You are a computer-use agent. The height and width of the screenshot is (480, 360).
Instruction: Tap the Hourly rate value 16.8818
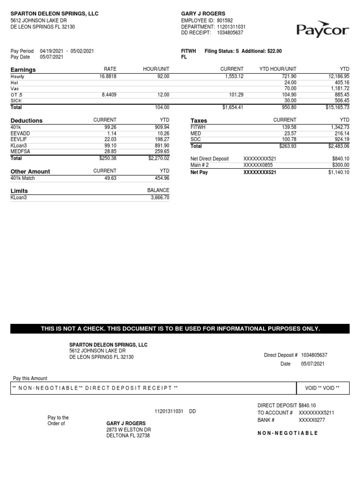tap(108, 76)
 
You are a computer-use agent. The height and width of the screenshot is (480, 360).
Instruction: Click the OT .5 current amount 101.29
tap(234, 95)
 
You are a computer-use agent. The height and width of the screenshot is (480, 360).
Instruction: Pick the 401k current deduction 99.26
tap(109, 127)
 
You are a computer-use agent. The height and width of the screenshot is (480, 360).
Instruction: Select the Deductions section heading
tap(26, 120)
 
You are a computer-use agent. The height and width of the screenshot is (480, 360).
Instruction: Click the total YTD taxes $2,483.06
tap(337, 146)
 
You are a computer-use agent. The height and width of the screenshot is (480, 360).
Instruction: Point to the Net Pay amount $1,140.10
tap(338, 172)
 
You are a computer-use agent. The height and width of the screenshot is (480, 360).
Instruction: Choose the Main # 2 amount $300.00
tap(340, 165)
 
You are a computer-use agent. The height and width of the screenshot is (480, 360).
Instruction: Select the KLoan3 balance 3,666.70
tap(159, 197)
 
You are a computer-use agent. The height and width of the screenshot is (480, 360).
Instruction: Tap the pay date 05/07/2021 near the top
tap(51, 57)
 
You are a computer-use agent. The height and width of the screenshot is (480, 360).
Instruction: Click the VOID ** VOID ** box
tap(322, 388)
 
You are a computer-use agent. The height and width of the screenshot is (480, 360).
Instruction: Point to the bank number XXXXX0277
tap(312, 420)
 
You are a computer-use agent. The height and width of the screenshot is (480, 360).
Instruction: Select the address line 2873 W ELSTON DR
tap(128, 429)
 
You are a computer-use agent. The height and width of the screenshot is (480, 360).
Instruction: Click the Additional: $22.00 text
tap(262, 51)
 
